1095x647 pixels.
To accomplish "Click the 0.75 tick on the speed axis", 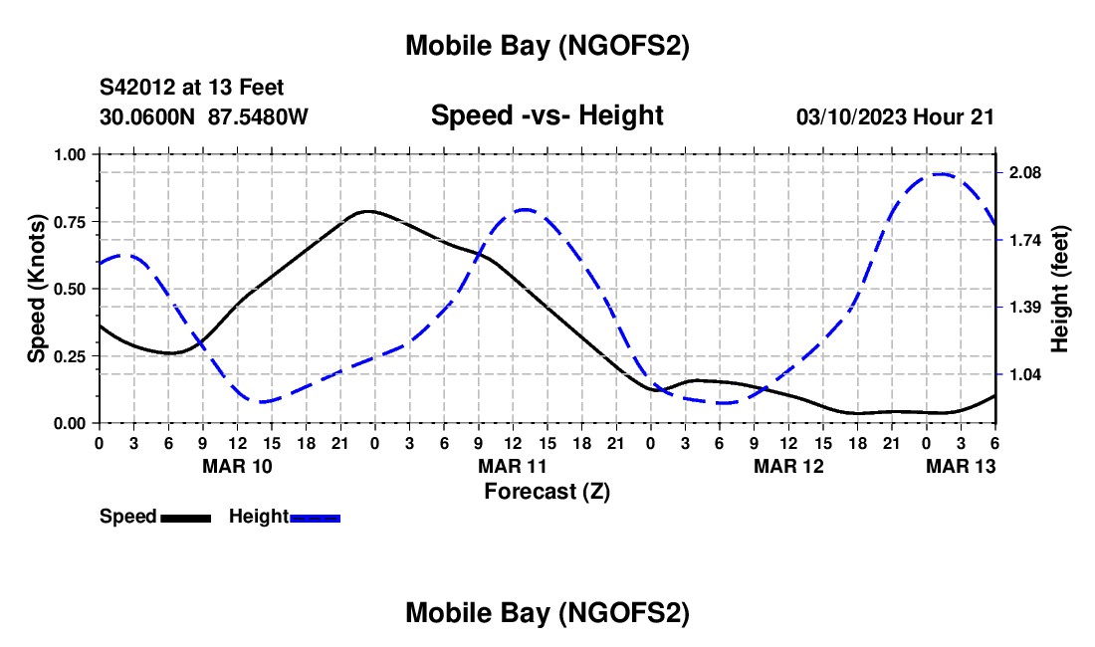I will coord(71,221).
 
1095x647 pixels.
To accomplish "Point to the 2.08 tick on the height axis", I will coord(1023,173).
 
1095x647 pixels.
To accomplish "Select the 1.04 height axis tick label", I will coord(1023,375).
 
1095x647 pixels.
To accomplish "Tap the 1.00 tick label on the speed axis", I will coord(71,154).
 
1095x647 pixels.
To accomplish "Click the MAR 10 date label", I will coord(236,466).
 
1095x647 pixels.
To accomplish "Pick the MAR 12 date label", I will coord(788,466).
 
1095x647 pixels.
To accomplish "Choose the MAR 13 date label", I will coord(962,466).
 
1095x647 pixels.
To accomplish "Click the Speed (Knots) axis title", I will coord(37,289).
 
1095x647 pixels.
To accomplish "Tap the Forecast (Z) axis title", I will coord(547,491).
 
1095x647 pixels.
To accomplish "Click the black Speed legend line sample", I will coord(185,518).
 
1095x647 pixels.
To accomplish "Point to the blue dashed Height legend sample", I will coord(315,518).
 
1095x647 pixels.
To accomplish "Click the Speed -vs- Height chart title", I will coord(547,115).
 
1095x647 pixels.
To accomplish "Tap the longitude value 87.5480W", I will coord(259,116).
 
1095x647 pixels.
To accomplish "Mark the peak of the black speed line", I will coord(368,211).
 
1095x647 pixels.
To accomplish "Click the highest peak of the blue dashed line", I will coord(939,174).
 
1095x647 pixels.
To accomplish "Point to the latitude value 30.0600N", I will coord(149,116).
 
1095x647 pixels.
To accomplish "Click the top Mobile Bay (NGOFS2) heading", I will coord(547,46).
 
